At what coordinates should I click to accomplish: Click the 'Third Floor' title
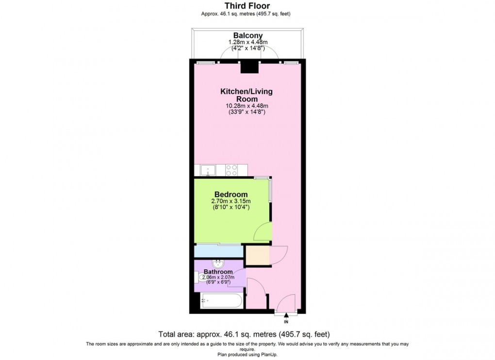(247, 6)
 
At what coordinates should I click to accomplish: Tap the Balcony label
(248, 35)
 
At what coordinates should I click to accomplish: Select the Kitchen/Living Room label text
(247, 95)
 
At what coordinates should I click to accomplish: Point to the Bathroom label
(218, 272)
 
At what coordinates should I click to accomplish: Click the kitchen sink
(207, 170)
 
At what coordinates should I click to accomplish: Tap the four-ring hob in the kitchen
(231, 170)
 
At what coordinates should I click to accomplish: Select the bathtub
(221, 301)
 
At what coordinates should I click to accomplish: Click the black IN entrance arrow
(286, 315)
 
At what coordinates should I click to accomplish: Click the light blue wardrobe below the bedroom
(218, 251)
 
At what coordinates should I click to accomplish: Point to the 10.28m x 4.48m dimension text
(247, 106)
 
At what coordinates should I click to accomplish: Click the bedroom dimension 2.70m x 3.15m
(231, 201)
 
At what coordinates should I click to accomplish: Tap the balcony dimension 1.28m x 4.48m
(248, 42)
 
